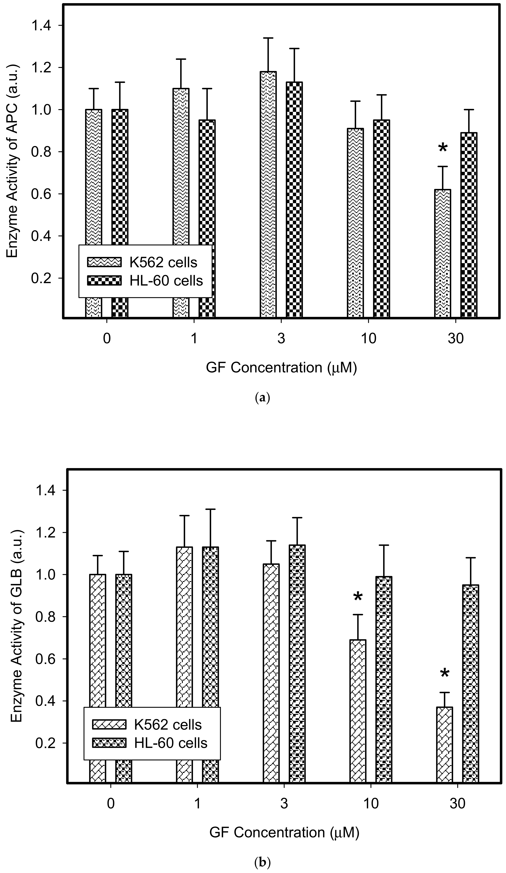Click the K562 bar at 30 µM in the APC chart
(x=443, y=253)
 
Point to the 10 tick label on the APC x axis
(x=368, y=338)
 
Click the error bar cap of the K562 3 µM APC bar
(x=268, y=38)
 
